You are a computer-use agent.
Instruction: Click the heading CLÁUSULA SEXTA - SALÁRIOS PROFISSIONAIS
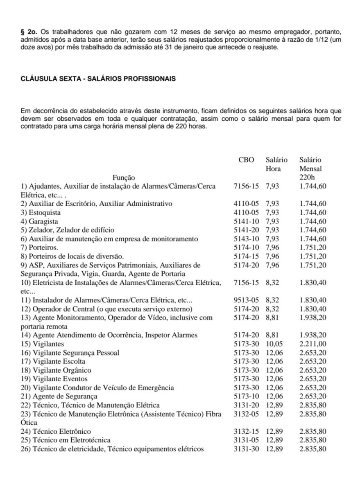click(x=98, y=79)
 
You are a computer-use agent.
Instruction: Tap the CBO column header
click(x=246, y=160)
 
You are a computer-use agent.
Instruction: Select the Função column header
click(x=124, y=178)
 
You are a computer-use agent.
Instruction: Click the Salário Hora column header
click(x=276, y=164)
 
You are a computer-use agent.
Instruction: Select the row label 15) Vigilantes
click(x=42, y=344)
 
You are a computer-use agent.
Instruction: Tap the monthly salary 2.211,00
click(x=313, y=344)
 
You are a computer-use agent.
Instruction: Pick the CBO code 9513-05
click(x=246, y=300)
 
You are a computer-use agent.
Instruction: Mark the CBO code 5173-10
click(x=246, y=396)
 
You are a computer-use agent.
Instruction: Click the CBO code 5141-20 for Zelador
click(x=246, y=230)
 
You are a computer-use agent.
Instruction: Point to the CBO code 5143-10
click(x=246, y=239)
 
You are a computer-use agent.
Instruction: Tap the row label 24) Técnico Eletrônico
click(x=56, y=431)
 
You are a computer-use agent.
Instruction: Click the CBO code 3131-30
click(x=246, y=449)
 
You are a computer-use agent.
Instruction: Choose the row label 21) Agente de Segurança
click(x=59, y=396)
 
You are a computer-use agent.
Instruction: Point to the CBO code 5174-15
click(x=246, y=256)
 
